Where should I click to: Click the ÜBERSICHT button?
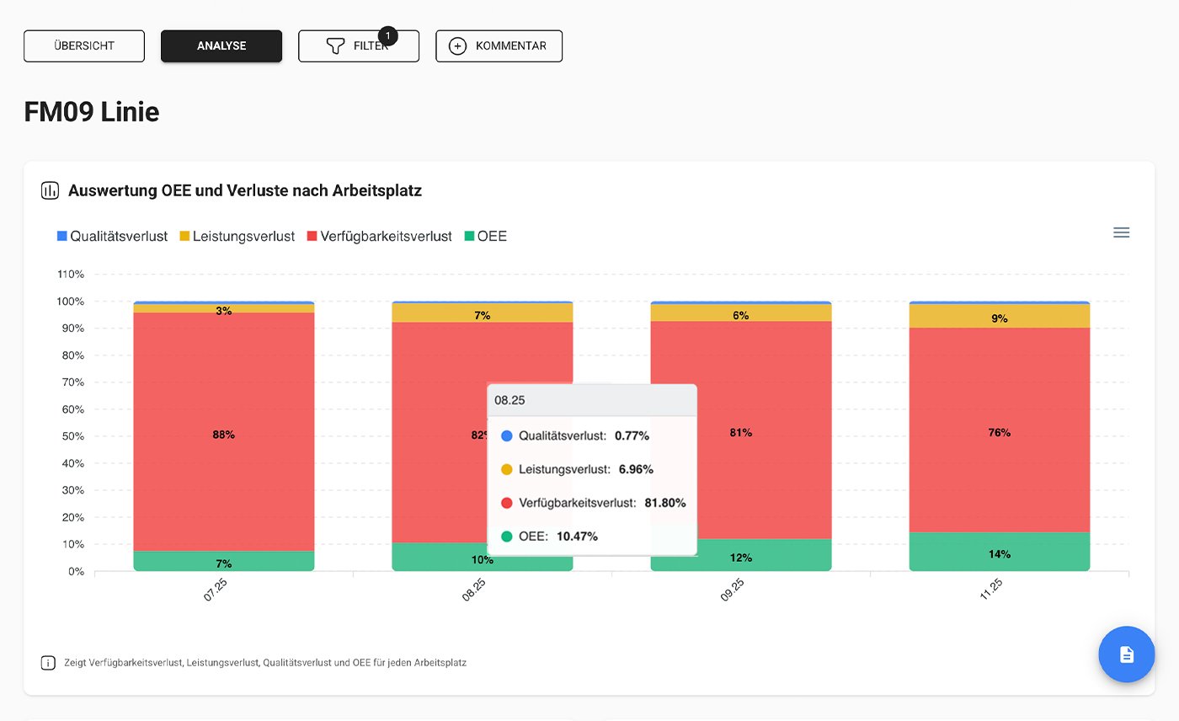click(x=84, y=46)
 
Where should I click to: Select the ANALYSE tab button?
click(x=221, y=46)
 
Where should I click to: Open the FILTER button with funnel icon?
click(x=359, y=46)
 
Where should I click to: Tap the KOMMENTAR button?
click(x=499, y=46)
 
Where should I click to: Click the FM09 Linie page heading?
click(x=92, y=112)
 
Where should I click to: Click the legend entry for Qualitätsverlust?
click(x=112, y=237)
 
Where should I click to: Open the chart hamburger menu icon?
click(x=1121, y=232)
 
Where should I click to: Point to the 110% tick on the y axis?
click(x=70, y=275)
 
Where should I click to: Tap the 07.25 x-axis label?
click(x=216, y=589)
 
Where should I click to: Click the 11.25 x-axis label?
click(x=991, y=589)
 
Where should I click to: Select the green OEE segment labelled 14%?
click(x=999, y=552)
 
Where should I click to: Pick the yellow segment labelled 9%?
click(x=999, y=317)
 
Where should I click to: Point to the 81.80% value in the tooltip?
click(x=665, y=503)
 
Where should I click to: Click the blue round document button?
click(x=1126, y=654)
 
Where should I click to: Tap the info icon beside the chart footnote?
click(x=48, y=663)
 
